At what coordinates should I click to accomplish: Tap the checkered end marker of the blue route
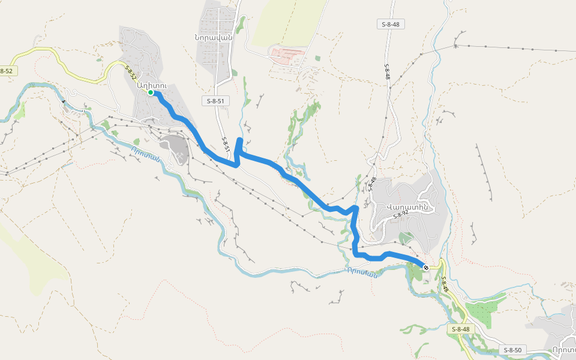(x=425, y=267)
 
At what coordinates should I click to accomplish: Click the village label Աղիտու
(x=150, y=84)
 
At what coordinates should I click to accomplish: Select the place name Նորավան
(x=213, y=36)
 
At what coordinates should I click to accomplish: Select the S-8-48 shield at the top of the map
(x=390, y=24)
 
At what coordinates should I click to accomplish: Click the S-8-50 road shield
(x=513, y=350)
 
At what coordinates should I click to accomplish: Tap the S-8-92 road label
(x=400, y=214)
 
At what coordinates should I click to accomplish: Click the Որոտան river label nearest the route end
(x=362, y=272)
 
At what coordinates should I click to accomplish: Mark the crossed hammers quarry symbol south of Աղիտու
(x=179, y=153)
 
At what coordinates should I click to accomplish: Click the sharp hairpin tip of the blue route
(x=239, y=140)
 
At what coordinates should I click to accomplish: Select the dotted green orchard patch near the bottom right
(x=485, y=313)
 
